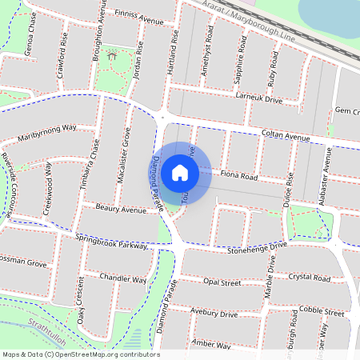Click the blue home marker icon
click(180, 173)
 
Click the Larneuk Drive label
click(260, 99)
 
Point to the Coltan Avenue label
click(286, 137)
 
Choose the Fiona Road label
click(238, 175)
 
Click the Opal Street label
click(222, 282)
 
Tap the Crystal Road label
click(310, 278)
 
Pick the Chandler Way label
click(123, 280)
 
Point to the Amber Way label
click(212, 344)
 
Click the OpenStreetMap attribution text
click(80, 354)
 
